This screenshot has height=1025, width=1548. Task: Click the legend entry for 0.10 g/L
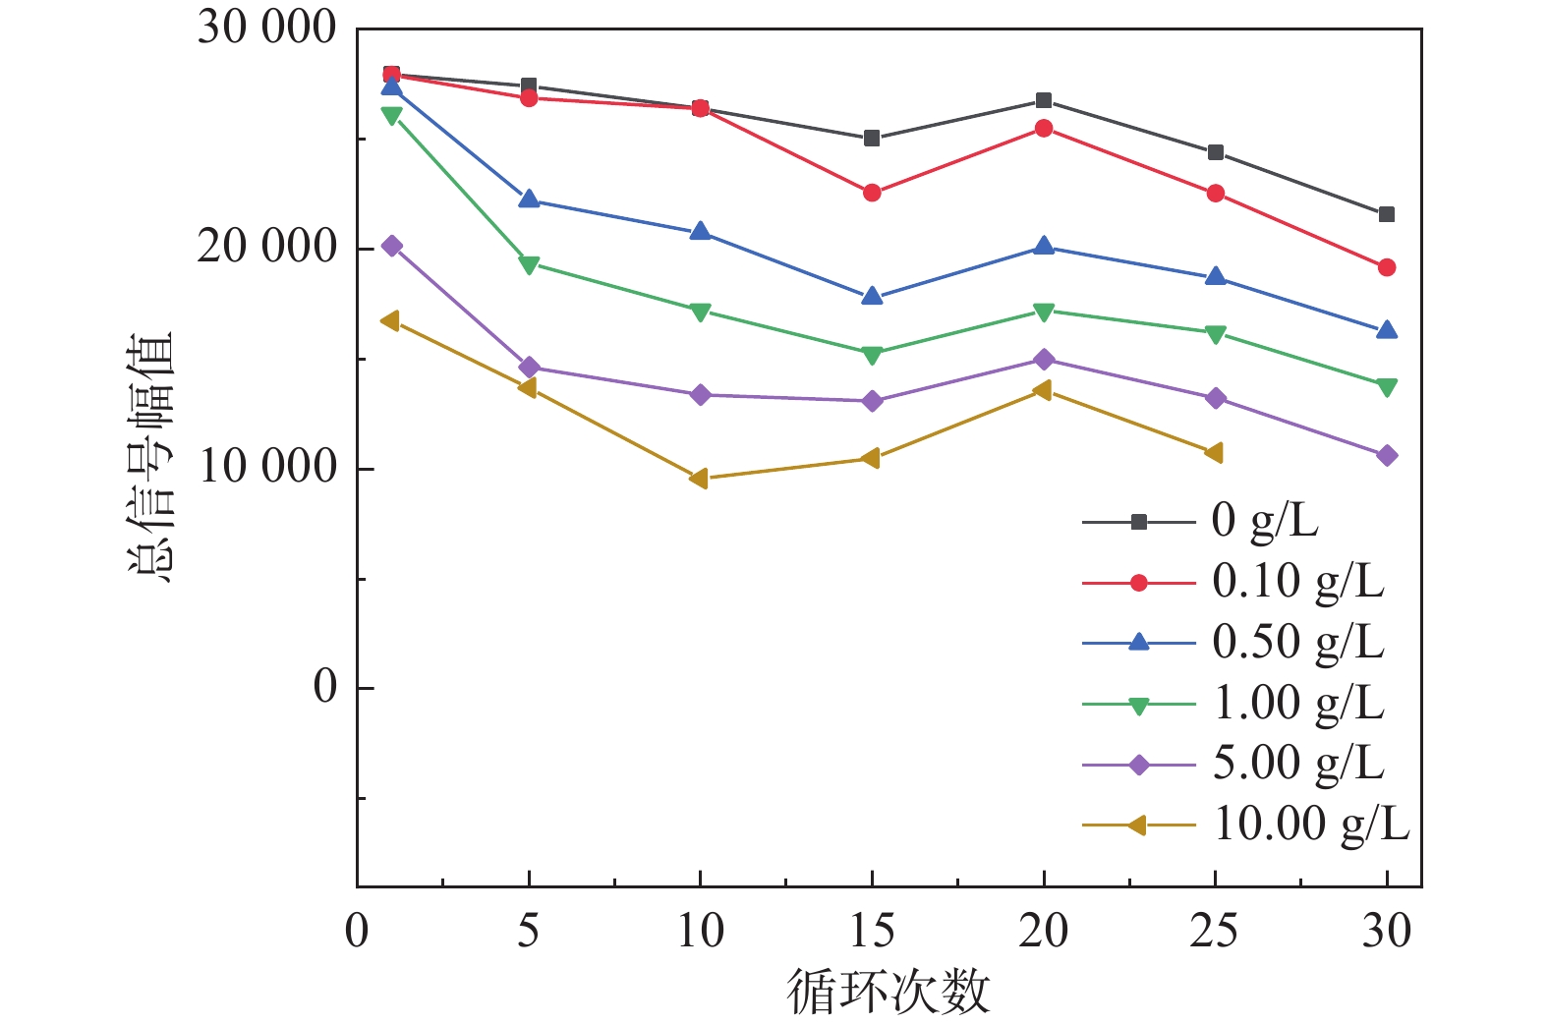[x=1297, y=582]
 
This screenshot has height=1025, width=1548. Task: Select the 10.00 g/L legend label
[x=1311, y=825]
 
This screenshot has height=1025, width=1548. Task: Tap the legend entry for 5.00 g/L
[x=1297, y=764]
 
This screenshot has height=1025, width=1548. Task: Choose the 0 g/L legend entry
[x=1264, y=521]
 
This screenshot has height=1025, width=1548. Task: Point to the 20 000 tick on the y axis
[x=266, y=247]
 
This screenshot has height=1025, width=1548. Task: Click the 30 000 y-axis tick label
[x=266, y=28]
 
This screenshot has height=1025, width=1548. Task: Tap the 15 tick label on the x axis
[x=871, y=931]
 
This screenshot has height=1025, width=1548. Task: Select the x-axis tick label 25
[x=1215, y=931]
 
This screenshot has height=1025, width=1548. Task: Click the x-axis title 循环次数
[x=888, y=992]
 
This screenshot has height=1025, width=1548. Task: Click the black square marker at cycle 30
[x=1387, y=214]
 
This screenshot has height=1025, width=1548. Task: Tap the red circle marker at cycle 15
[x=872, y=193]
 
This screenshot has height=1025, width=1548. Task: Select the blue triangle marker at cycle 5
[x=529, y=199]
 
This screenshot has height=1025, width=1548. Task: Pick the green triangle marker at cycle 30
[x=1387, y=387]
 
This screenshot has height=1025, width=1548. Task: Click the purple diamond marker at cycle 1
[x=392, y=246]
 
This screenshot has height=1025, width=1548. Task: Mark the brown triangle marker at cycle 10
[x=699, y=479]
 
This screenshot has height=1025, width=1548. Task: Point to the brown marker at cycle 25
[x=1214, y=453]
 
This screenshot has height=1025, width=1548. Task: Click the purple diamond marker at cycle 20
[x=1044, y=360]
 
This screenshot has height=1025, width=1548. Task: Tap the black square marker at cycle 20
[x=1044, y=100]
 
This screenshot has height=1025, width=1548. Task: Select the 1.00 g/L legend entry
[x=1297, y=704]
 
